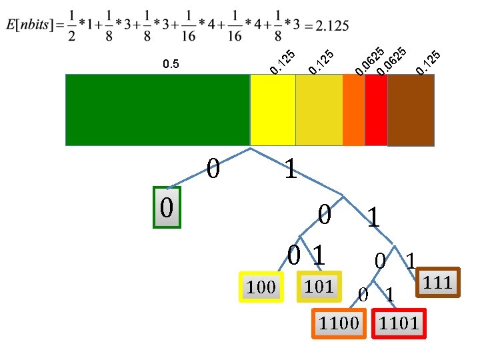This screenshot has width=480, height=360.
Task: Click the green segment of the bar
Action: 157,109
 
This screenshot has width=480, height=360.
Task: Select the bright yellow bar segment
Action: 272,109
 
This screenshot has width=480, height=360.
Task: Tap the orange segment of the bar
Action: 353,109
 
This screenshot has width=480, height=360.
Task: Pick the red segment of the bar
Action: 375,109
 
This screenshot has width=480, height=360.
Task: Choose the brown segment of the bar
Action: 411,109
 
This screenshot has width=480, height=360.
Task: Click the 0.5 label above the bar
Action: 171,65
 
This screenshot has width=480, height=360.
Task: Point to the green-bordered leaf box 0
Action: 167,207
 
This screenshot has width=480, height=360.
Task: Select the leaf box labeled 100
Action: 261,287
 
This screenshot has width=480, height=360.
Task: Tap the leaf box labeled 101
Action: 319,286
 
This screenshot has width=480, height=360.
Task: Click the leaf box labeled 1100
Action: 339,324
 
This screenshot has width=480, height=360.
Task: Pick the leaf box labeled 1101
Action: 399,324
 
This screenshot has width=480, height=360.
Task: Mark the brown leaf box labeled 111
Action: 438,282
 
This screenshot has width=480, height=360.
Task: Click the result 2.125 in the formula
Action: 331,25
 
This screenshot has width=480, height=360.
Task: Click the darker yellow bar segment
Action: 319,109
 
